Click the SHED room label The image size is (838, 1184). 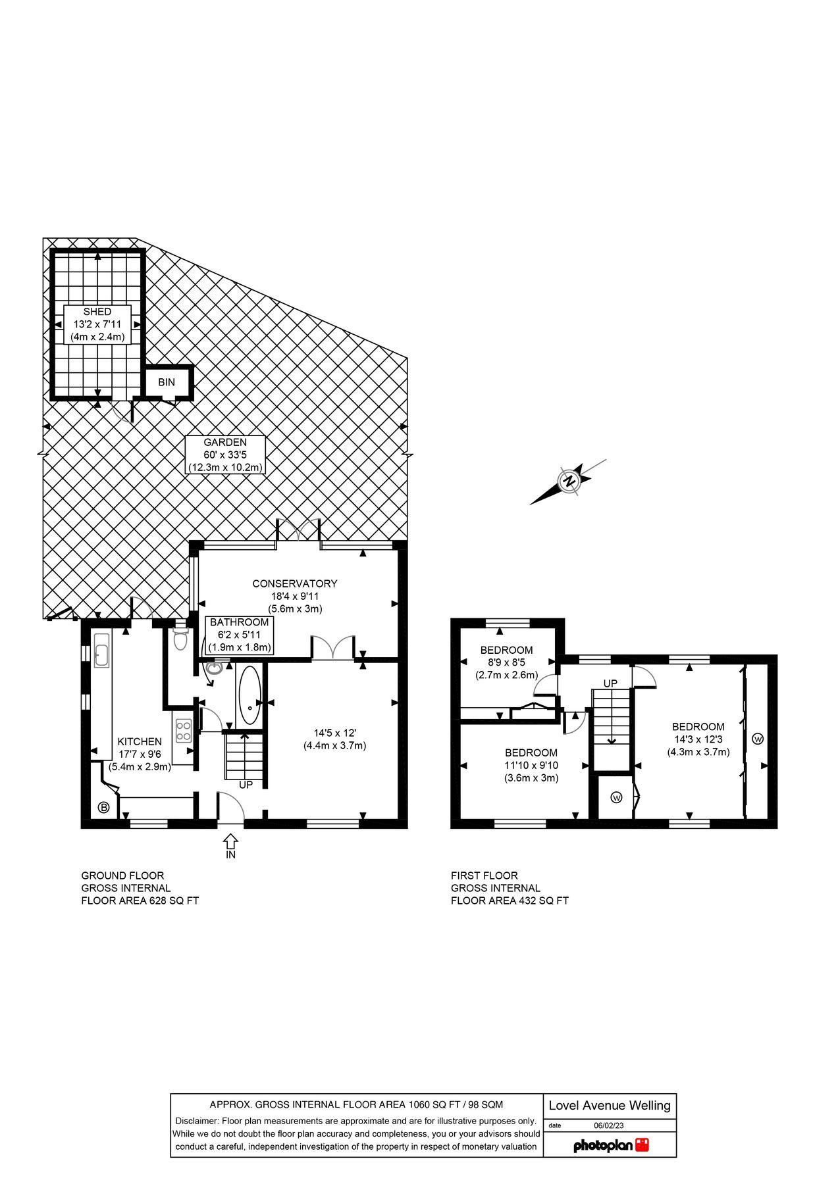click(x=97, y=324)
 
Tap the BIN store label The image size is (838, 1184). click(x=167, y=382)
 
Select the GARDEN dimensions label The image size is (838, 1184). click(x=225, y=455)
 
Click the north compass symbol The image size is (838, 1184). click(x=569, y=481)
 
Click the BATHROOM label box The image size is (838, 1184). click(x=240, y=635)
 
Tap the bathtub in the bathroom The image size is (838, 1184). click(x=249, y=696)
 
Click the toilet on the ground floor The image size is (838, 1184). click(x=180, y=638)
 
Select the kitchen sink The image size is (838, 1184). click(x=101, y=651)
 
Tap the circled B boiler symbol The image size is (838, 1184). click(x=103, y=808)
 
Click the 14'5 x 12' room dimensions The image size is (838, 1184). click(x=334, y=739)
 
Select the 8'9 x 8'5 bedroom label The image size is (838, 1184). click(x=506, y=662)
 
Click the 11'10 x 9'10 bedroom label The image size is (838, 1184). click(x=531, y=765)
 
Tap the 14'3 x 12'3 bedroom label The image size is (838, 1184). click(x=698, y=739)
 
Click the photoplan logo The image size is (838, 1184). click(x=611, y=1145)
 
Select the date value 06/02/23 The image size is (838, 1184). click(x=608, y=1125)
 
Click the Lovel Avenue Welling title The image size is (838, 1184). click(x=610, y=1106)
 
